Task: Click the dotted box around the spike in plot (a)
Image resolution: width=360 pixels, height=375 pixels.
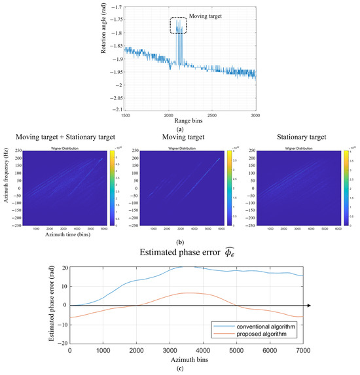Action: point(178,26)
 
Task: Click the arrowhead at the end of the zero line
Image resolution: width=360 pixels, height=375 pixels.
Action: point(327,305)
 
